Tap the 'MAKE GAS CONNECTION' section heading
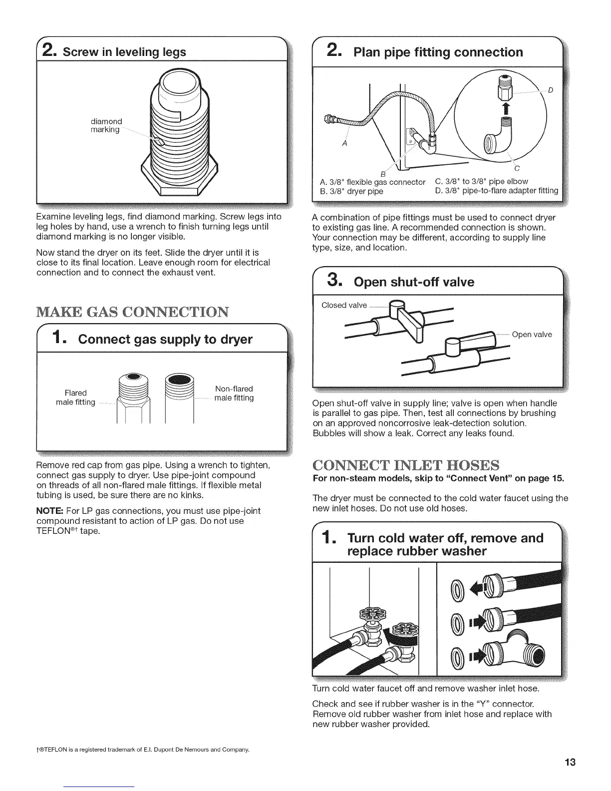click(x=132, y=312)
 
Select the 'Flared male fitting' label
click(x=75, y=397)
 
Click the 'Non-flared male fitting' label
click(x=234, y=394)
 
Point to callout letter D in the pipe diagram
click(x=550, y=90)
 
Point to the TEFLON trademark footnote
click(x=143, y=750)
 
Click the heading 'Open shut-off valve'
click(x=413, y=282)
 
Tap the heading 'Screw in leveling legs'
click(x=120, y=52)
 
